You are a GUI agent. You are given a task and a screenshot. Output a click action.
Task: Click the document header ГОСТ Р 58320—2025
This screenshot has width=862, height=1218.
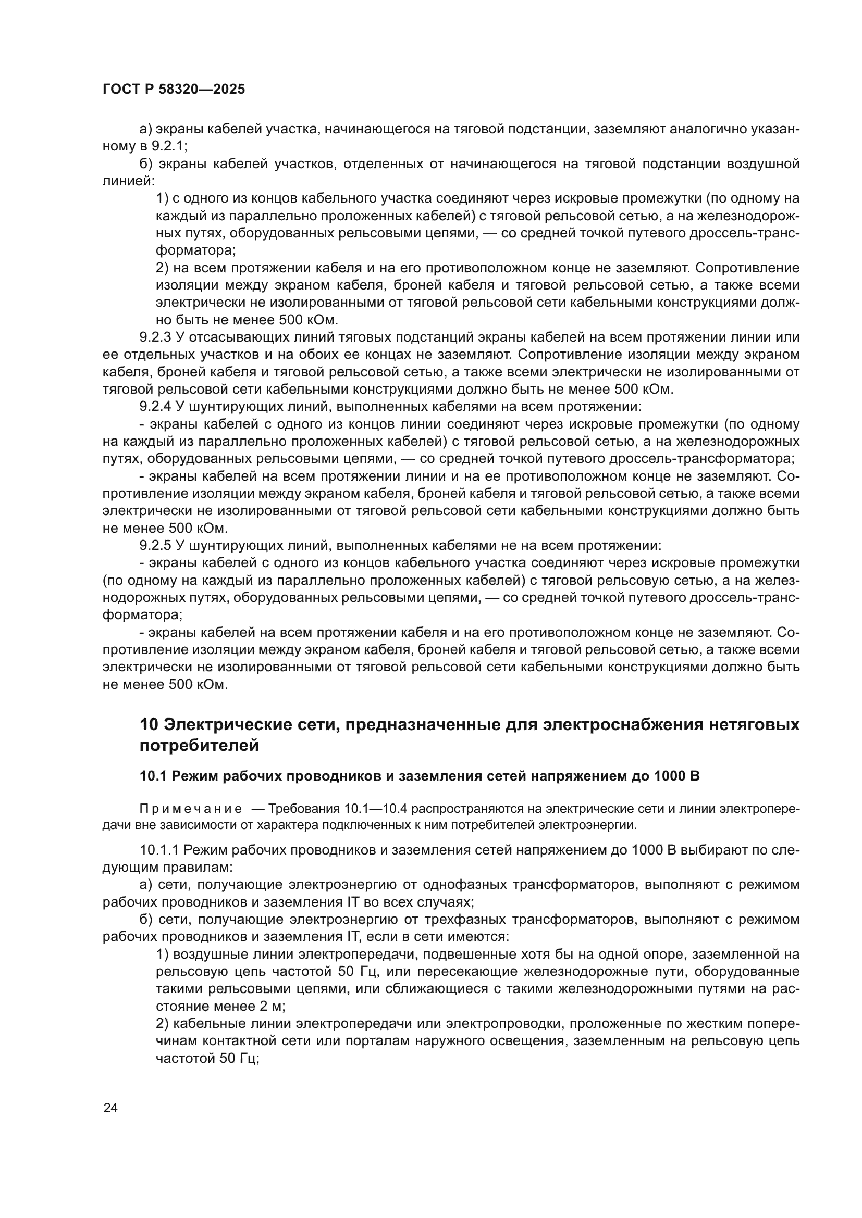coord(174,89)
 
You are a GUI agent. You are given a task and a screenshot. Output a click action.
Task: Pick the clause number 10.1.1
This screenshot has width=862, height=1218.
coord(160,850)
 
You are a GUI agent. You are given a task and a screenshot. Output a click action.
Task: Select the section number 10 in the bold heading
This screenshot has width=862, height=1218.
coord(149,725)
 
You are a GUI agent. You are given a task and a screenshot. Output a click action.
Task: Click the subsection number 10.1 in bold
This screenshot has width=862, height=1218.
coord(153,776)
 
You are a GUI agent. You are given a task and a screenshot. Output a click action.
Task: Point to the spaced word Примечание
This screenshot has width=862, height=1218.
coord(191,809)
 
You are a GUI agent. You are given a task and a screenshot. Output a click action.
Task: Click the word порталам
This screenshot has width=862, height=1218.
coord(372,1041)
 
